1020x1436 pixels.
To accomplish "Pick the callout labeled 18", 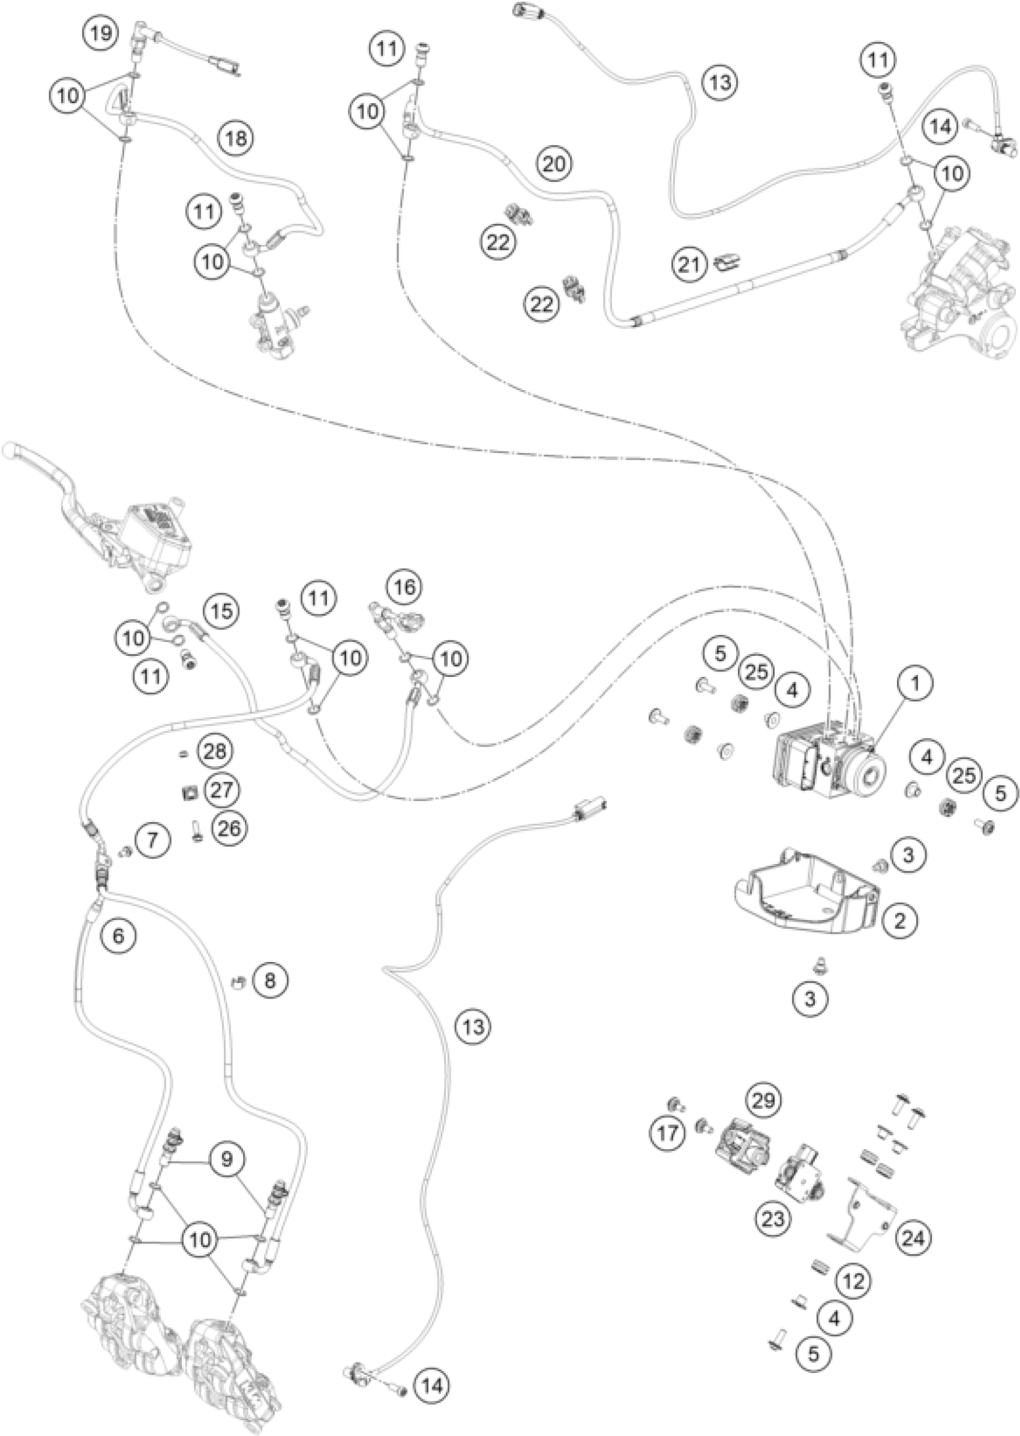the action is [x=236, y=137].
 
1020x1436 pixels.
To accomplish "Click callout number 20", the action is [x=554, y=164].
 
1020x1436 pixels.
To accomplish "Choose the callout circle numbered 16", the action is [x=405, y=588].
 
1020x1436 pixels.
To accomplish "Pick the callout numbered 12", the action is [x=854, y=1281].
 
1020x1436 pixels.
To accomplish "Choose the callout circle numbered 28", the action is [x=214, y=752].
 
